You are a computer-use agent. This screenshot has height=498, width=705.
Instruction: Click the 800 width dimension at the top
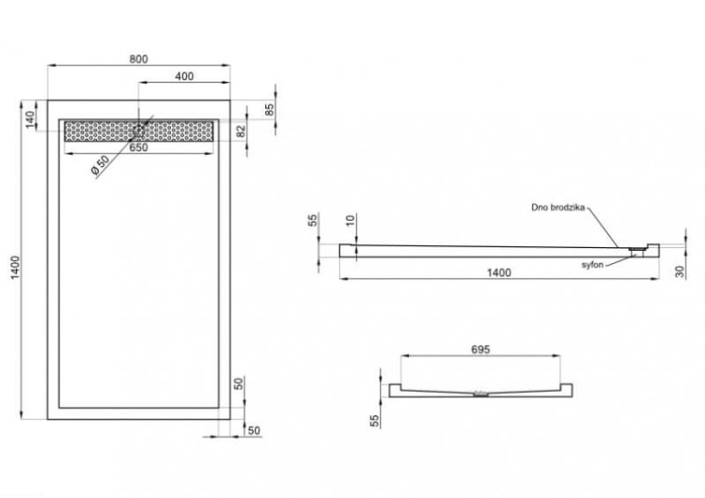tap(138, 59)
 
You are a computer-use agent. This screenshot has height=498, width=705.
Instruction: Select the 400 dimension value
tap(184, 76)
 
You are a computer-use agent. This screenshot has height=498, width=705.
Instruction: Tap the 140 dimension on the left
tap(29, 119)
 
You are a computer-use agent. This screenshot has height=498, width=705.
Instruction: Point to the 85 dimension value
tap(270, 110)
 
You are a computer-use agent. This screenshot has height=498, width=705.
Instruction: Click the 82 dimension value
tap(242, 132)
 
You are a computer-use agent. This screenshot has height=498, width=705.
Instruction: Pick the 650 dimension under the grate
tap(138, 148)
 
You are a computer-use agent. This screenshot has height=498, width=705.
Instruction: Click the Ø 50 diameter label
tap(100, 166)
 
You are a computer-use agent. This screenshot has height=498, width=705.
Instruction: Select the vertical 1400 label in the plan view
tap(16, 268)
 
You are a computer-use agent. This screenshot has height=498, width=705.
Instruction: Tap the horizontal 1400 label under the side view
tap(499, 272)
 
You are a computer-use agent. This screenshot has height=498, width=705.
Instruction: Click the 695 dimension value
tap(480, 350)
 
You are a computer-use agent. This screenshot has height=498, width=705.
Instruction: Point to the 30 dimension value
tap(680, 272)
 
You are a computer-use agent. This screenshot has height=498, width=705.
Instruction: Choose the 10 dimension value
tap(351, 220)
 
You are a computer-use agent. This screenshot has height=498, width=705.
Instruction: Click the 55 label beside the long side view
tap(313, 220)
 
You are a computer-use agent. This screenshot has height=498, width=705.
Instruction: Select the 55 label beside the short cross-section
tap(374, 421)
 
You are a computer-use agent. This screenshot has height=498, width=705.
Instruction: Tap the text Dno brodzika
tap(558, 208)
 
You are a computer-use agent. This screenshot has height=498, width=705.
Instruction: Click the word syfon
tap(592, 265)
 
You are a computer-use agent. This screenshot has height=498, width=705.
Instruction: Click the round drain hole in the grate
tap(138, 131)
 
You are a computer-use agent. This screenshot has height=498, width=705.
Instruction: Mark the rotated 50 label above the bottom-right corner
tap(239, 383)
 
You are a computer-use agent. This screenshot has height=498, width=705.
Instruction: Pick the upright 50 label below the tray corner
tap(254, 430)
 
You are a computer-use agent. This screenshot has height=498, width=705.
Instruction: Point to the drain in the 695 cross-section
tap(480, 394)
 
